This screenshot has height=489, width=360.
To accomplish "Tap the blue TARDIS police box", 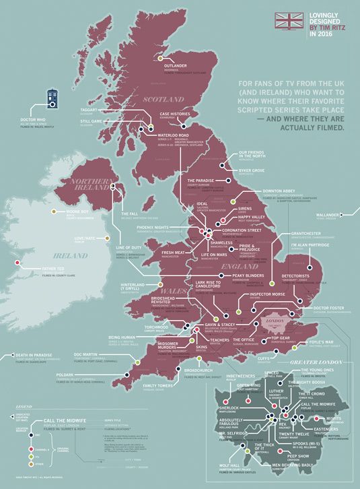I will [x=56, y=98].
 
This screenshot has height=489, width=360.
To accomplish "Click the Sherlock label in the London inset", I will [x=228, y=407].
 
